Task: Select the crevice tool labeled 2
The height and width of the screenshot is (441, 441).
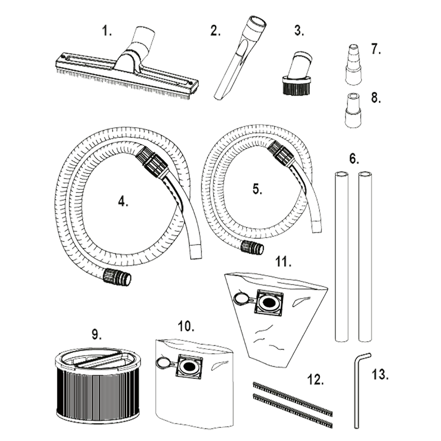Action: tap(240, 57)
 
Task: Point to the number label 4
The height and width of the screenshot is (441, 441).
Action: tap(123, 202)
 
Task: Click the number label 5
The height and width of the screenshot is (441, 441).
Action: tap(257, 189)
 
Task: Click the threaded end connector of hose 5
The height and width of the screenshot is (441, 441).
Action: tap(253, 249)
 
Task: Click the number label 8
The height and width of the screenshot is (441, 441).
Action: tap(375, 98)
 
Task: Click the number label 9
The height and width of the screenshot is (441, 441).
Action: tap(97, 335)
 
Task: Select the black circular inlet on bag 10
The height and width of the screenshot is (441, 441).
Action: tap(189, 367)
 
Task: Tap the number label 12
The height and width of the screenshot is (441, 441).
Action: tap(315, 380)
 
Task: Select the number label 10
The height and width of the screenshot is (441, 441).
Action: tap(185, 326)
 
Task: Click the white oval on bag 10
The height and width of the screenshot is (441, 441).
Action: tap(163, 363)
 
